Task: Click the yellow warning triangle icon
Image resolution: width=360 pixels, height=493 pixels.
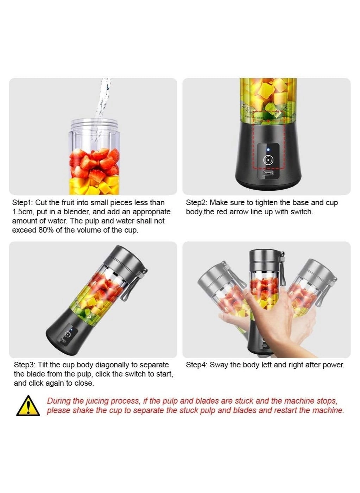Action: click(28, 406)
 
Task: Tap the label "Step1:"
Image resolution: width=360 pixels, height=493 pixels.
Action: click(23, 203)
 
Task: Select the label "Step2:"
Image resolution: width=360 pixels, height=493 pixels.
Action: click(196, 203)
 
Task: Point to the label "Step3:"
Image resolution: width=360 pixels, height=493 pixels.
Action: click(25, 365)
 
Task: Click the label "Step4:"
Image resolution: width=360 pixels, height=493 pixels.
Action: click(196, 365)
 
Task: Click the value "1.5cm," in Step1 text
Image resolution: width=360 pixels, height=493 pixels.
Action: click(23, 212)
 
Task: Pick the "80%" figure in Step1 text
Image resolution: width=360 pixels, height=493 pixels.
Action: click(47, 230)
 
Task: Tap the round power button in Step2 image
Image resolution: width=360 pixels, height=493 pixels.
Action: click(269, 160)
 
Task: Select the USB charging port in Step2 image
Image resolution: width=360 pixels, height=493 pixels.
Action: click(269, 173)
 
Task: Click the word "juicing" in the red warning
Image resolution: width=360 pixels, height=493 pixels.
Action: click(97, 401)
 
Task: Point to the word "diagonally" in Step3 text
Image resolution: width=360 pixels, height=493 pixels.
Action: click(113, 365)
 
